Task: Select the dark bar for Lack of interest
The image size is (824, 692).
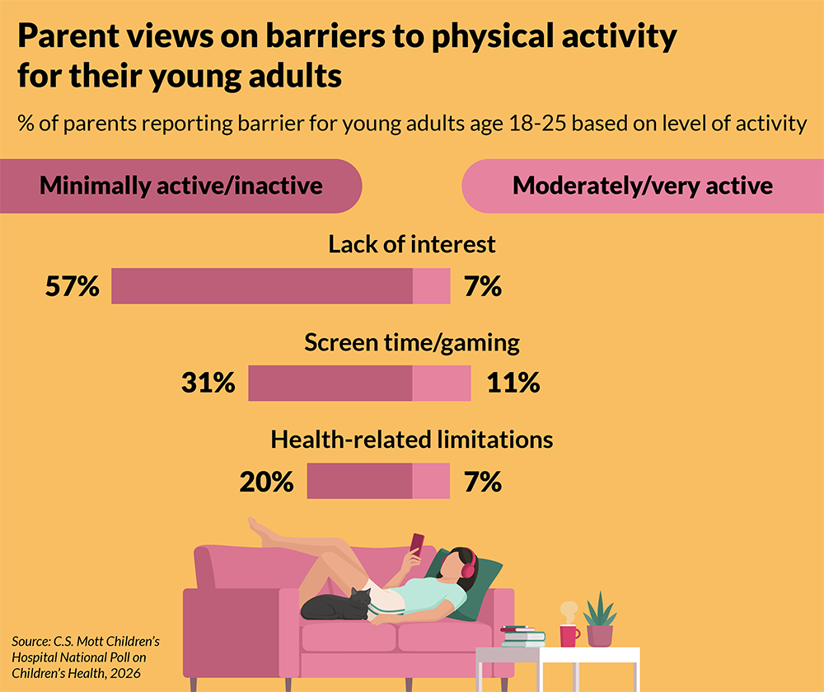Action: tap(261, 287)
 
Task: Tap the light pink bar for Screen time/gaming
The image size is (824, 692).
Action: tap(441, 384)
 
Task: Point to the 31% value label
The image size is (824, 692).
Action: tap(208, 384)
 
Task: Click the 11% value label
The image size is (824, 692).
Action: tap(513, 384)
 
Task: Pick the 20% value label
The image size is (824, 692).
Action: tap(266, 482)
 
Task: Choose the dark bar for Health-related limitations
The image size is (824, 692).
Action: tap(359, 482)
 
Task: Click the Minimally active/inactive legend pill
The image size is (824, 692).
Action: tap(181, 186)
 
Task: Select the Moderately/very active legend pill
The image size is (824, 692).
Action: tap(643, 186)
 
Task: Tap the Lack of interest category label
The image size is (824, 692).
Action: tap(412, 245)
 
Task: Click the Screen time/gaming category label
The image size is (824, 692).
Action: tap(412, 342)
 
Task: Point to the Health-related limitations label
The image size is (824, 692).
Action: tap(412, 440)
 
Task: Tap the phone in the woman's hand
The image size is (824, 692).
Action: tap(417, 544)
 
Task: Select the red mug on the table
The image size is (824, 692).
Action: tap(569, 633)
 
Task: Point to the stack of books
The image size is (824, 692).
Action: tap(522, 636)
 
